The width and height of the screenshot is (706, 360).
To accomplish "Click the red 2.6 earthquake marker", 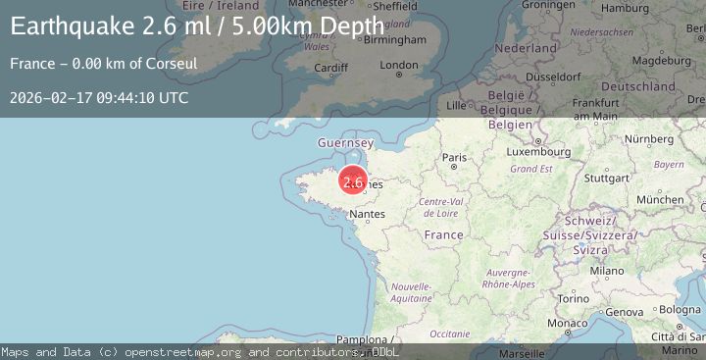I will pos(353,181).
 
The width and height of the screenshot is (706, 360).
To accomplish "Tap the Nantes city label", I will pos(367,213).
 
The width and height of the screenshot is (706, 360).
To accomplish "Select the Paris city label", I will pos(454,157).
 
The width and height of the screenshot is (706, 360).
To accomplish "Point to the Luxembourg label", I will pos(539,152).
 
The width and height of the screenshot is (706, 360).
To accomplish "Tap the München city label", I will pos(660,199).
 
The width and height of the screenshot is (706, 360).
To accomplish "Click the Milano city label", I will pos(606,270).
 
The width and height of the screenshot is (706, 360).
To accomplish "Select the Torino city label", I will pos(573,297).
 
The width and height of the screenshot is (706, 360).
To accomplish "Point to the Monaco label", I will pos(569,323).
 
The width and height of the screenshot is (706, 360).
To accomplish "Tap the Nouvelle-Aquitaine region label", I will pos(410,291).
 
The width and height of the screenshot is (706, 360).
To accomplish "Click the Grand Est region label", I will pos(531,169).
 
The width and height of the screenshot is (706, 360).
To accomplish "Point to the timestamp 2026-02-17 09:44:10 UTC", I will pos(99,98).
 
